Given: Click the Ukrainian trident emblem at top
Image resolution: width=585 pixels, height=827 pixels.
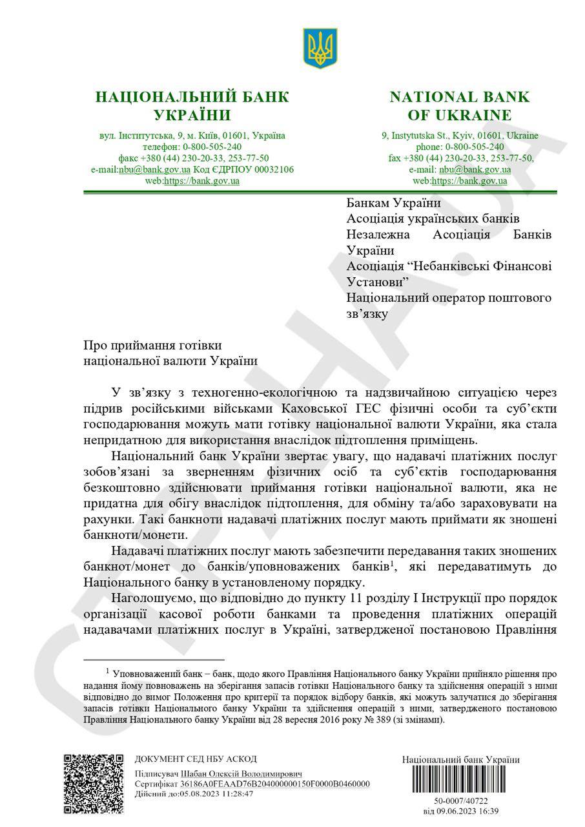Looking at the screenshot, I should (320, 48).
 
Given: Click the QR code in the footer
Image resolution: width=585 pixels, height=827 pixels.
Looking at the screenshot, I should (94, 783).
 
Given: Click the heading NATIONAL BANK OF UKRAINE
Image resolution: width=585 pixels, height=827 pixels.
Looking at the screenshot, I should (459, 107).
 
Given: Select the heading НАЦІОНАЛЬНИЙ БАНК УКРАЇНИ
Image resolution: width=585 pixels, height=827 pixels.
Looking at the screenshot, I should (192, 107).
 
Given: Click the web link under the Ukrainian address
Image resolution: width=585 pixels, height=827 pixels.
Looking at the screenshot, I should (201, 181).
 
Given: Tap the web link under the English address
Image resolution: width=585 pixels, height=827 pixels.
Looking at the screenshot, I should (469, 181).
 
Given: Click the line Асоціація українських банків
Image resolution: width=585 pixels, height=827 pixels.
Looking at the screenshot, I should (433, 219).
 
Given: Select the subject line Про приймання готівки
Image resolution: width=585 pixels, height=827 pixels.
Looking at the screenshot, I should (157, 346).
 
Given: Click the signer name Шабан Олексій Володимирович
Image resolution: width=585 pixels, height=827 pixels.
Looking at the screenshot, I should (241, 774).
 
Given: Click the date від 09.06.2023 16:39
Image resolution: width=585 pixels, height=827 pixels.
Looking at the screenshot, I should (460, 811).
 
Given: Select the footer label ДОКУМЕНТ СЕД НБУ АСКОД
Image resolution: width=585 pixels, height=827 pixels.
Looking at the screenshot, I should (196, 759).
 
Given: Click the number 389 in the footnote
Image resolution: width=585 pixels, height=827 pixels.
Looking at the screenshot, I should (378, 719).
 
